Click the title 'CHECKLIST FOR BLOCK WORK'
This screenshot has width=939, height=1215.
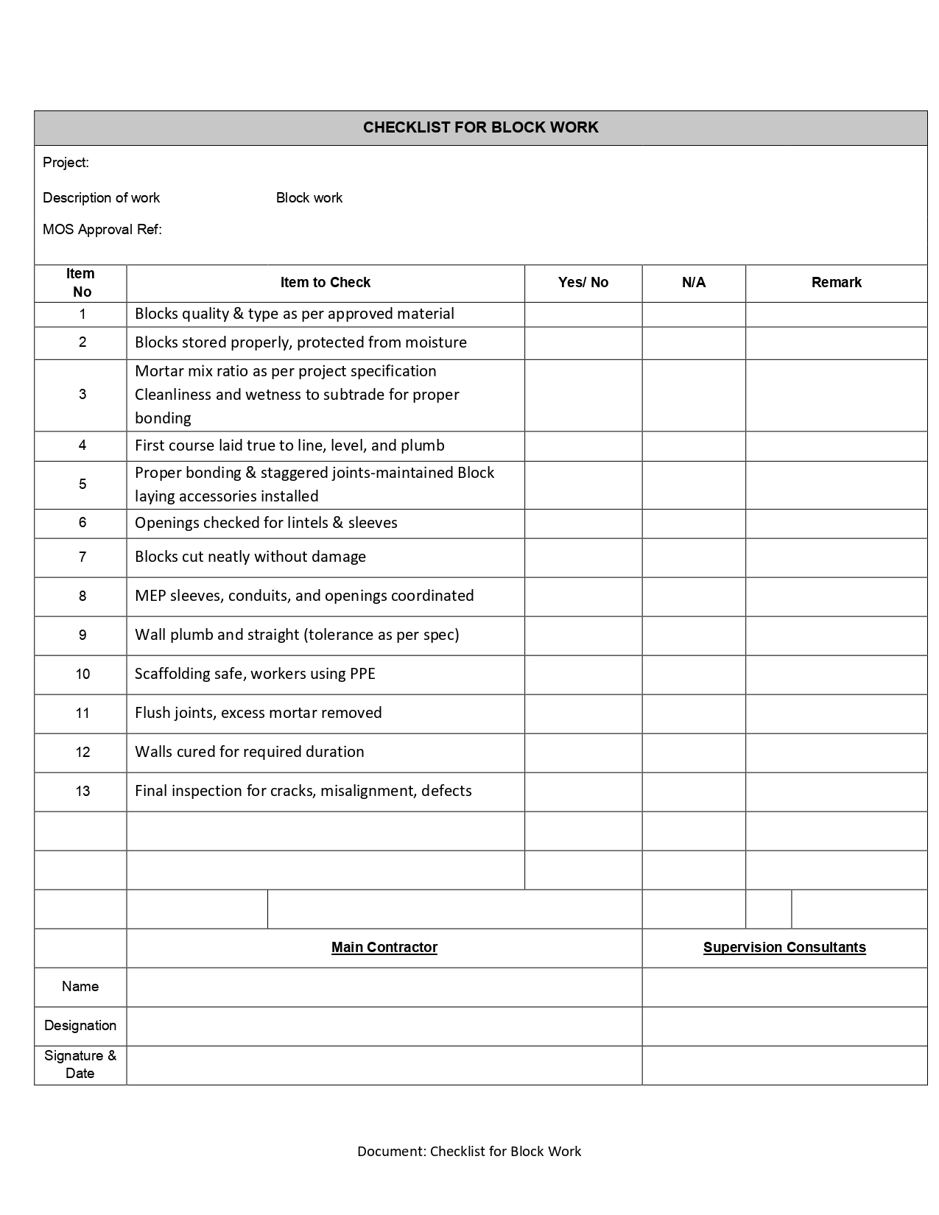480,127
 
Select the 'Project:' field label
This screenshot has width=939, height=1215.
66,163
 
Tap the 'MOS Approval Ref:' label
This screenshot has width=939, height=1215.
102,229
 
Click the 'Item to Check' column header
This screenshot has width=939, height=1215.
325,283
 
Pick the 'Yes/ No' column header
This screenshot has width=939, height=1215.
583,283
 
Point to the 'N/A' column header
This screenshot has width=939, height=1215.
693,283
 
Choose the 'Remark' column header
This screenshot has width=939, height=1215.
836,283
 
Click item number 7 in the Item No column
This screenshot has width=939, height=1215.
82,557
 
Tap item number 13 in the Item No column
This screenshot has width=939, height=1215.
82,792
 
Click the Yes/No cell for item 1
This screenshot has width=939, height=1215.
583,314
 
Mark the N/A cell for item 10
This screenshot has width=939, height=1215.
693,675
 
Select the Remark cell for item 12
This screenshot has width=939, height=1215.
836,753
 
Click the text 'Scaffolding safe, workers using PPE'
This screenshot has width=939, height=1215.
255,674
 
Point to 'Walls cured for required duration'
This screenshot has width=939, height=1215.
249,752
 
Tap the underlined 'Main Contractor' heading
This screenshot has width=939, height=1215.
384,948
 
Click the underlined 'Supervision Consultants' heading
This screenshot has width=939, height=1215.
784,948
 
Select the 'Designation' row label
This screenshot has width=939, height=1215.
80,1026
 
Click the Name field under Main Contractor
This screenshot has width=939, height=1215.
384,987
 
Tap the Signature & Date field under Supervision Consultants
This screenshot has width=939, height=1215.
784,1065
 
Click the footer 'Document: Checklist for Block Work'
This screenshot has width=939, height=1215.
469,1152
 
